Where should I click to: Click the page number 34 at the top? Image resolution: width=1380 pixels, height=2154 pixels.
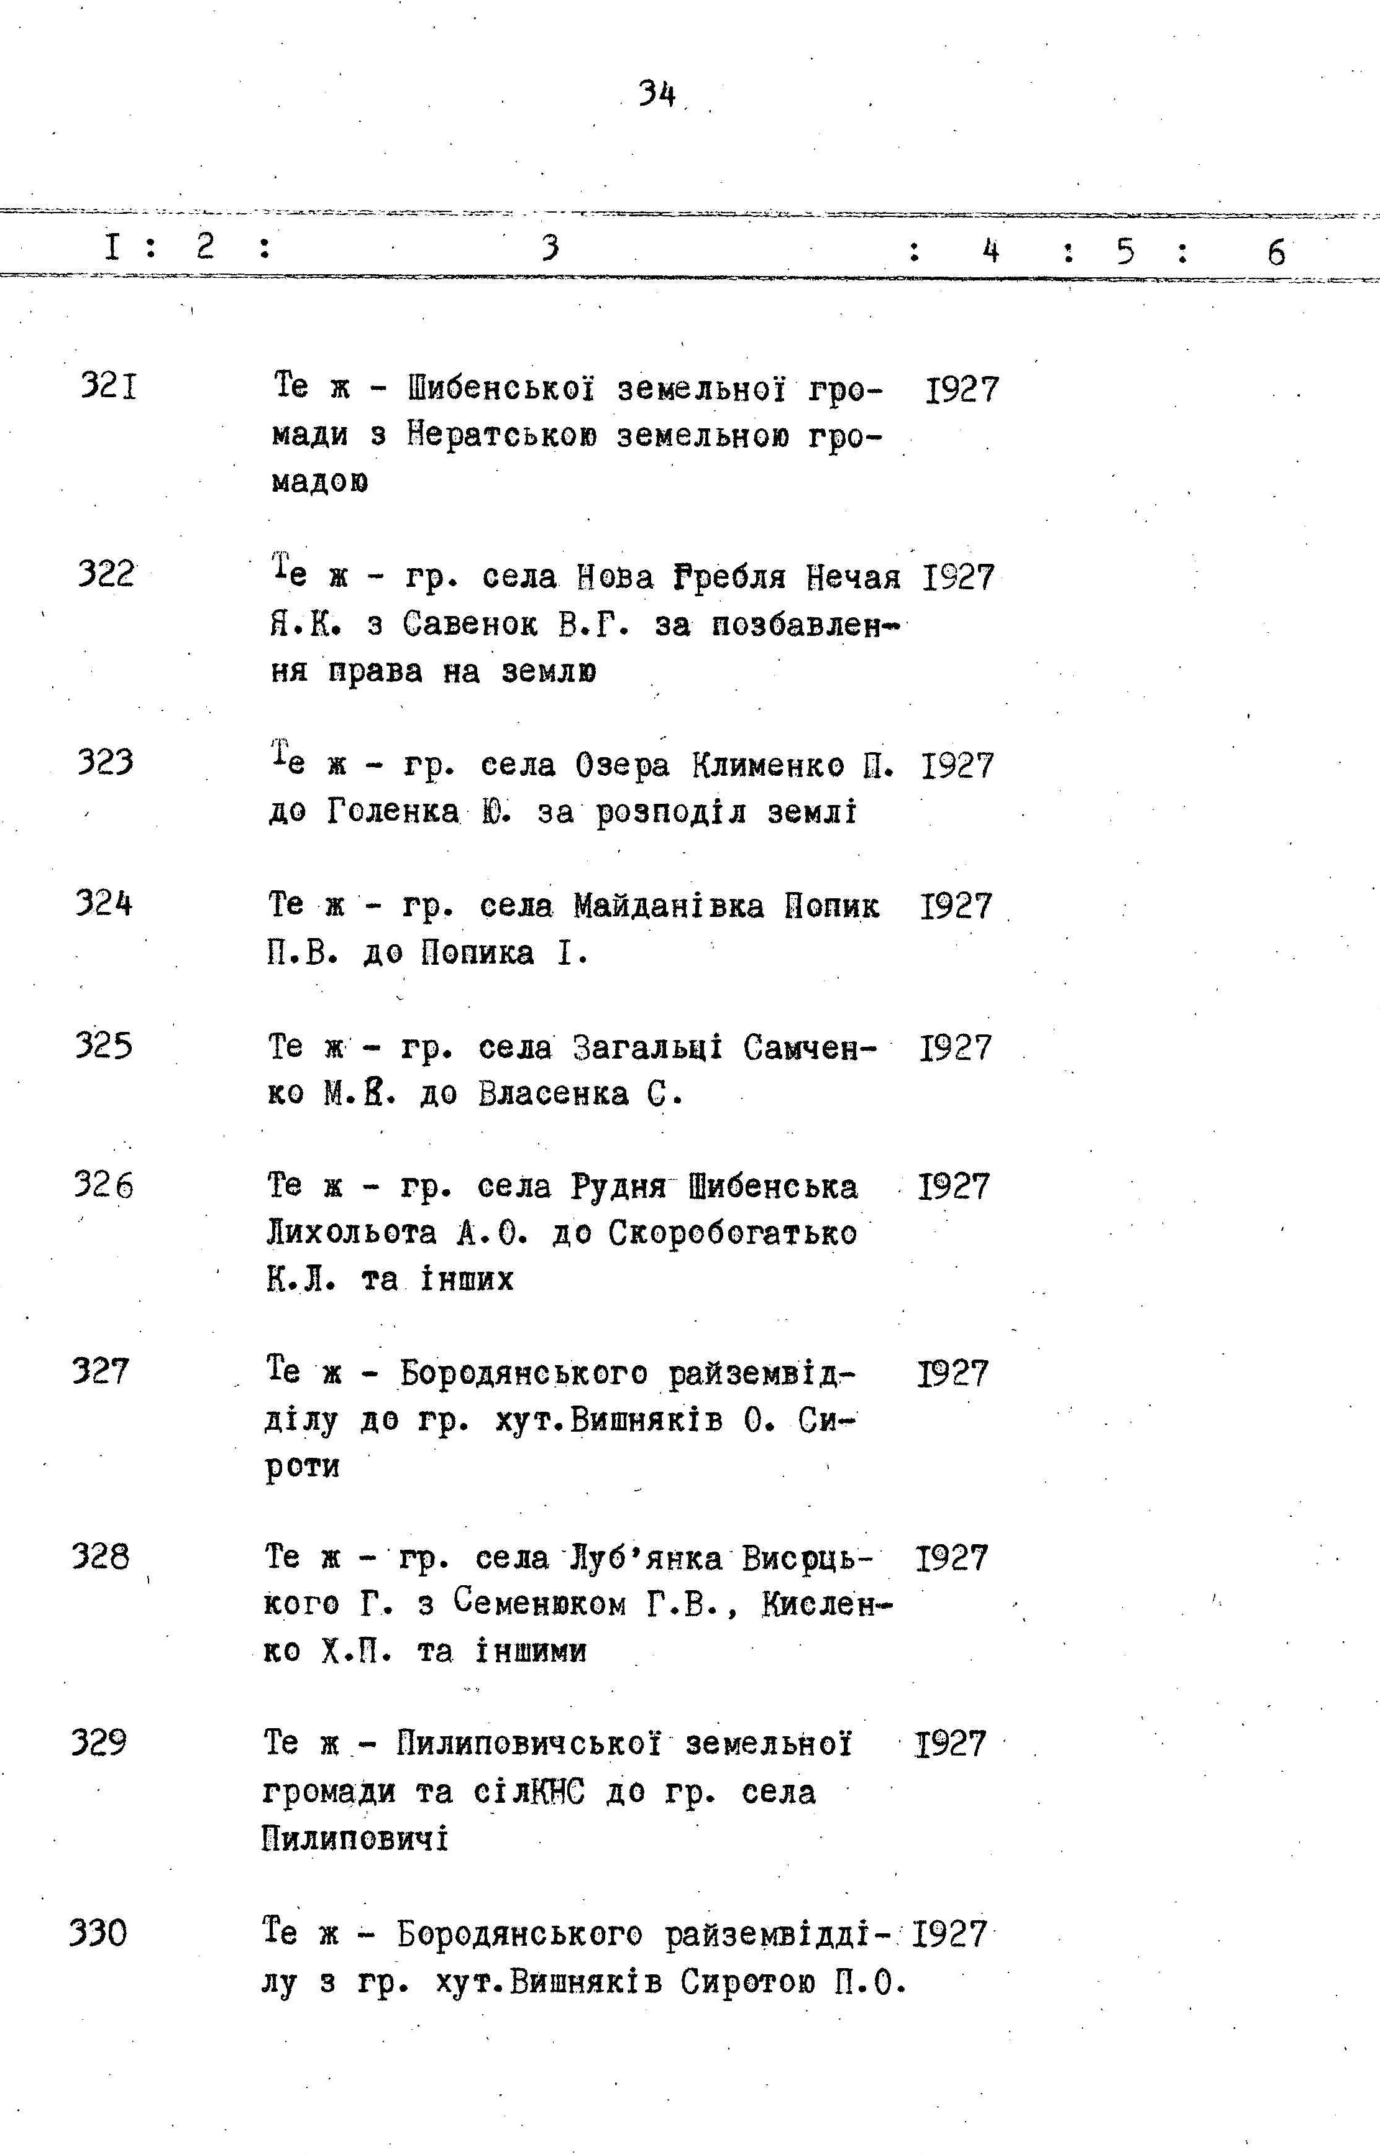(657, 93)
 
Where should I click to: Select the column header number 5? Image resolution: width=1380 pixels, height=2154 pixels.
(1125, 251)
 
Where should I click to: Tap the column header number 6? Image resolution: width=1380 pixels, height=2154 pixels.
(1276, 253)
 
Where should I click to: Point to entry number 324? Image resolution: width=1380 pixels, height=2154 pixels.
(104, 903)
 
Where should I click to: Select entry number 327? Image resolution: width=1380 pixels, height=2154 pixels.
(101, 1371)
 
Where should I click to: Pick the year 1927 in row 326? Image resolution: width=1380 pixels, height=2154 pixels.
(954, 1186)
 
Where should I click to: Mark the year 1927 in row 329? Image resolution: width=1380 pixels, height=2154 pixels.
(950, 1744)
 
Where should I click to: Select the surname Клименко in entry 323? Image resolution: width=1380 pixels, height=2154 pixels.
(768, 765)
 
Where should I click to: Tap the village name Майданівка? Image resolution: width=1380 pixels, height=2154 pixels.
(669, 905)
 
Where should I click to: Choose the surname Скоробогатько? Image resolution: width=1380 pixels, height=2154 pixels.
(732, 1233)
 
